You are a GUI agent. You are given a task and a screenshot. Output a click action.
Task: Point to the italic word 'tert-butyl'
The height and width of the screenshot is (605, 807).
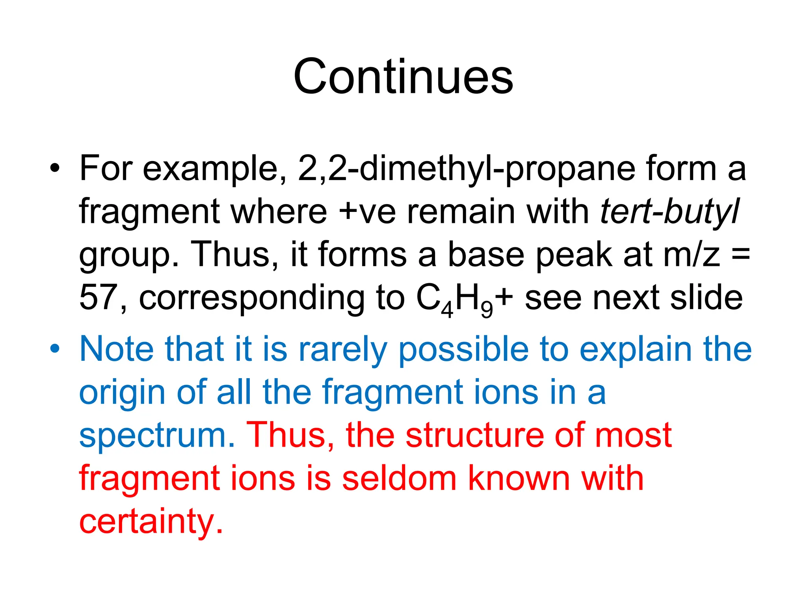670,212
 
